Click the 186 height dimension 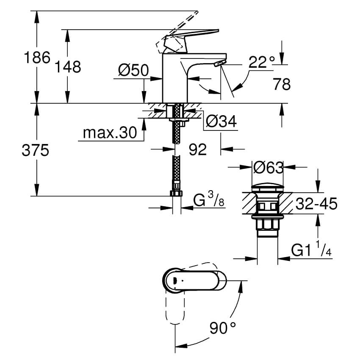click(x=37, y=58)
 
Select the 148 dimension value click(x=68, y=67)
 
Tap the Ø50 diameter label click(x=133, y=70)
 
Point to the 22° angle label click(x=261, y=61)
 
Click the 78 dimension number click(x=282, y=84)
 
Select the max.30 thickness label click(x=110, y=133)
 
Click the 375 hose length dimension click(x=35, y=150)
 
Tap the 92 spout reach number click(x=198, y=150)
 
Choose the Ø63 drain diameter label click(x=268, y=167)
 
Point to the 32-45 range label click(x=316, y=203)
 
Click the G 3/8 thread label click(x=209, y=199)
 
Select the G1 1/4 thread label click(x=312, y=249)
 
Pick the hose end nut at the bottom click(x=176, y=193)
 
